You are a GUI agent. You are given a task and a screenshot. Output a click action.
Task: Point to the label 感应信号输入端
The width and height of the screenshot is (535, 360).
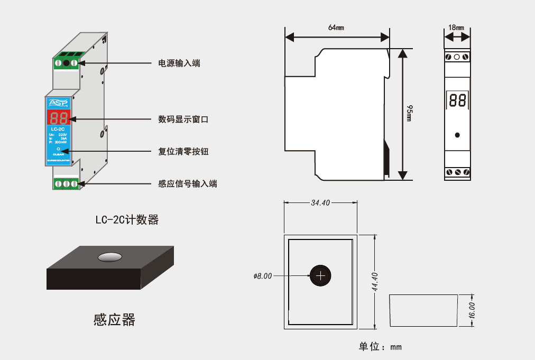188,184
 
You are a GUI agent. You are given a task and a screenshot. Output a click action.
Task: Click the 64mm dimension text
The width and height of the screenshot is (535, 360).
336,27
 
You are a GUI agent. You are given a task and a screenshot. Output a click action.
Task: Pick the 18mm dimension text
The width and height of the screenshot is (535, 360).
456,27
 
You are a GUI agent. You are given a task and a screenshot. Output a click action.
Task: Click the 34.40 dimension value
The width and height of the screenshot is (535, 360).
320,202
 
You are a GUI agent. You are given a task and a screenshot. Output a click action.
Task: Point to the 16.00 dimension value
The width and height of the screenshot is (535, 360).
472,310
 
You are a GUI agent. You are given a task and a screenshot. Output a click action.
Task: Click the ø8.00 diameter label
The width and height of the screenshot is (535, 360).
263,276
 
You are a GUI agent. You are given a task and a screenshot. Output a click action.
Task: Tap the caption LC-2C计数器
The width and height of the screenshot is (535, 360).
127,220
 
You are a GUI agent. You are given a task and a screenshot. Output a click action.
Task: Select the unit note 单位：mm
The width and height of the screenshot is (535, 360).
380,347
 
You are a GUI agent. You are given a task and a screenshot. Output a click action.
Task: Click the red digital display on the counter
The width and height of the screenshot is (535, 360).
58,118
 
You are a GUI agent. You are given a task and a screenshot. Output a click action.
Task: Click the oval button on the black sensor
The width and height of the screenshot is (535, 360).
110,257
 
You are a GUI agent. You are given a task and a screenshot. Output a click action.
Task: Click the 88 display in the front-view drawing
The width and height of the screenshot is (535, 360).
457,100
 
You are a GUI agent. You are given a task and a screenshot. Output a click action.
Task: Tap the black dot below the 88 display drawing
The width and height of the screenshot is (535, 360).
457,135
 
